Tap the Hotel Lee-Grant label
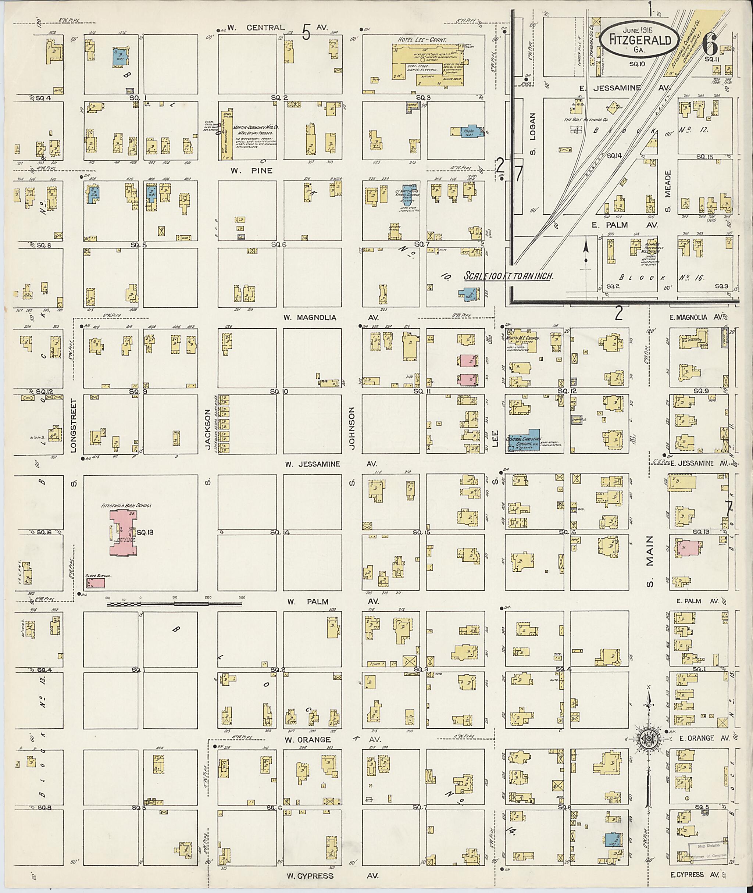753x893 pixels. [x=422, y=39]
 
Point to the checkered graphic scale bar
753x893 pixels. [x=175, y=604]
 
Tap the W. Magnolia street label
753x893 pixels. [x=310, y=318]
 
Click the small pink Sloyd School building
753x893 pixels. [x=96, y=583]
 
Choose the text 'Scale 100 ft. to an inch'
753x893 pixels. [x=508, y=276]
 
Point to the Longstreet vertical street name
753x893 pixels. [x=74, y=426]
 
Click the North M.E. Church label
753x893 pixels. [x=522, y=338]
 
